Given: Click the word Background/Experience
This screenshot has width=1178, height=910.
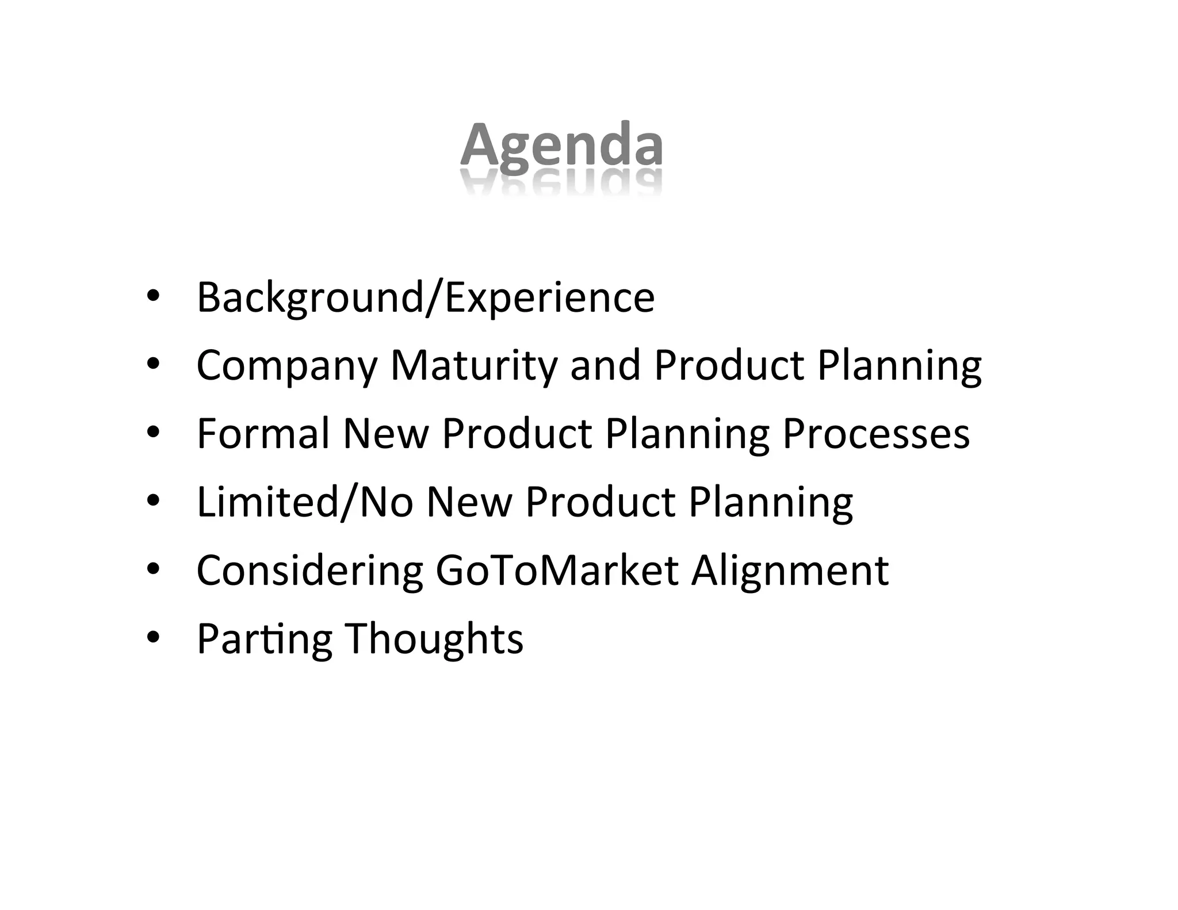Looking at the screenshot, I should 426,297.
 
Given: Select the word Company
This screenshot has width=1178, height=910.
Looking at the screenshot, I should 287,366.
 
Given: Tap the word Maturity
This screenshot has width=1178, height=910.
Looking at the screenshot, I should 473,366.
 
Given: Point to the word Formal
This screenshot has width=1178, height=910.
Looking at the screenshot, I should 263,434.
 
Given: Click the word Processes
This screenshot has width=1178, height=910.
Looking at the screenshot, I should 876,434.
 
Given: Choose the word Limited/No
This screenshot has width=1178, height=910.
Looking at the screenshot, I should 305,502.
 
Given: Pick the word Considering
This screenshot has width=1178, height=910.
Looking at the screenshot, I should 309,571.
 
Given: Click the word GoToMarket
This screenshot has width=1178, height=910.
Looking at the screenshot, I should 557,571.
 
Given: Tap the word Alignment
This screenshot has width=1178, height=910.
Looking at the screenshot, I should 790,571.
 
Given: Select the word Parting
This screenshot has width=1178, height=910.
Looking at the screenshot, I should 264,639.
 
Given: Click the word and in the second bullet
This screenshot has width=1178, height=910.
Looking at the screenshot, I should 605,366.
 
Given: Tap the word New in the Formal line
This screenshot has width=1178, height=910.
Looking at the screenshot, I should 385,434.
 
